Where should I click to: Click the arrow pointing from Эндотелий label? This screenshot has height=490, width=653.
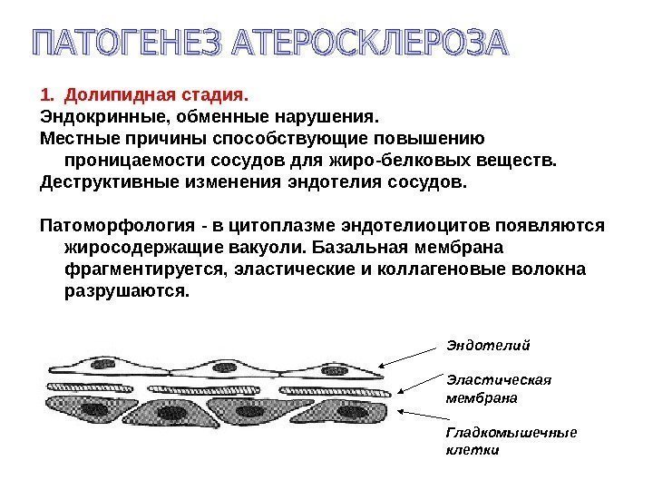click(x=407, y=356)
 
